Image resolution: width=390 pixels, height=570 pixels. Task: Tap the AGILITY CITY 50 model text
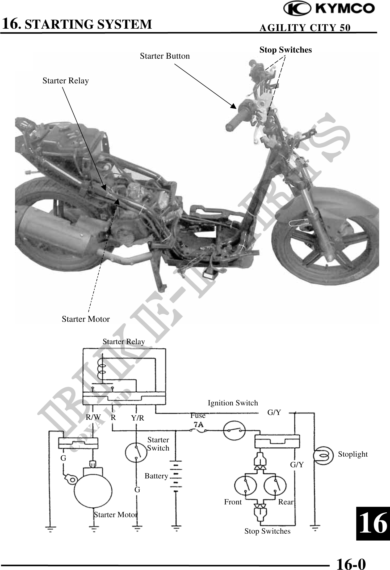click(305, 28)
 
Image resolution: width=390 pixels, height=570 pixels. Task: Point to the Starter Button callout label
click(165, 56)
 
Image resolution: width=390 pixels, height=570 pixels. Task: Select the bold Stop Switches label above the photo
click(286, 50)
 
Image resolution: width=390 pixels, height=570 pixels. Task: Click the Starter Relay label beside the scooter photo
click(66, 81)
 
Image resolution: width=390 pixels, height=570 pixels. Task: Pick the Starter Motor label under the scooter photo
click(86, 319)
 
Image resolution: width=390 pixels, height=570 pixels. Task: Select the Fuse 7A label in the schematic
click(198, 420)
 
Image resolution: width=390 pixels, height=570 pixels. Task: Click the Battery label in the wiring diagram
click(156, 476)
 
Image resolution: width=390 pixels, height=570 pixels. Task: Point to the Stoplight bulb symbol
click(323, 456)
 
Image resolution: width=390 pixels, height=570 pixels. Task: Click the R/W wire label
click(93, 417)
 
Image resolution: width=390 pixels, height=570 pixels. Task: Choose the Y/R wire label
click(137, 418)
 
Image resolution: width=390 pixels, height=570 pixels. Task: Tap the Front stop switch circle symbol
click(245, 486)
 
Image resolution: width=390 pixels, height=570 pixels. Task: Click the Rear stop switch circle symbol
click(275, 486)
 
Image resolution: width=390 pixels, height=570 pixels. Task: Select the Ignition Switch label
click(233, 403)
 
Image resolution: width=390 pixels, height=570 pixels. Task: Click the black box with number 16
click(373, 523)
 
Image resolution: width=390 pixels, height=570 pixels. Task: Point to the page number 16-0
click(351, 563)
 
